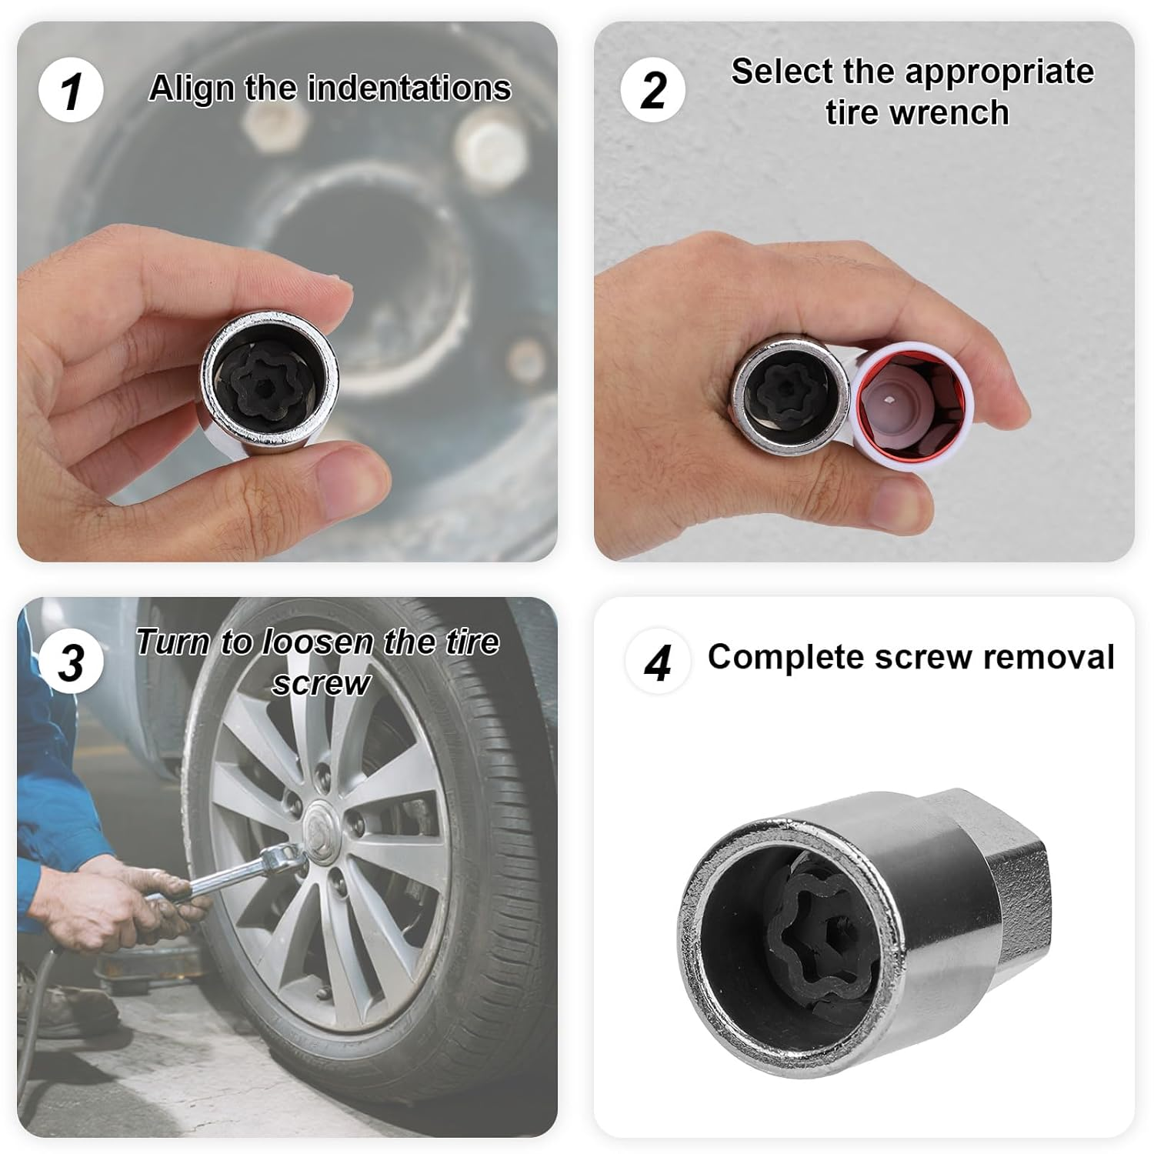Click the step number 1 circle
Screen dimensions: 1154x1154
click(x=71, y=90)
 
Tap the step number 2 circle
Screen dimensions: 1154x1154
click(x=652, y=90)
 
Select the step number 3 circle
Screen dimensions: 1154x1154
click(x=72, y=662)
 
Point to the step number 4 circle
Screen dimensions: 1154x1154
click(x=656, y=662)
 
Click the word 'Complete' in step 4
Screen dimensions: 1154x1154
click(x=785, y=657)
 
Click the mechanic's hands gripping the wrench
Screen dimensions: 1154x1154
click(x=142, y=900)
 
